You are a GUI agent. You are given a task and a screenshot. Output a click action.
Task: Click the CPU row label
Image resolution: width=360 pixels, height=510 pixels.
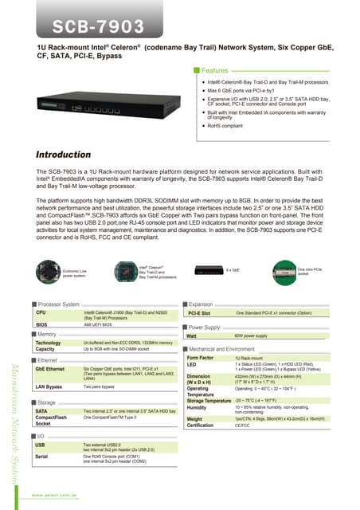[x=41, y=313]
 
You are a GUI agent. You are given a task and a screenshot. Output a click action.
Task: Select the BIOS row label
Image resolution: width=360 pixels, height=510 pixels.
[x=41, y=325]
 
